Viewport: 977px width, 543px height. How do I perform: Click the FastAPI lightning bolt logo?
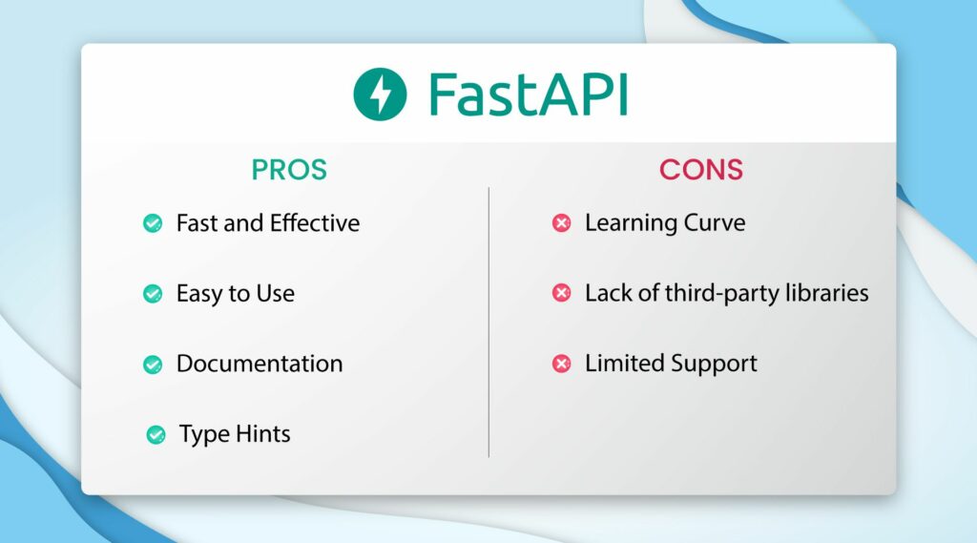(380, 94)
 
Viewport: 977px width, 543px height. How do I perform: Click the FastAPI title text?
(527, 94)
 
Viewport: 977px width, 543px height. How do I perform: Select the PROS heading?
(289, 170)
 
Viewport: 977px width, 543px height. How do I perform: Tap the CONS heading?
(700, 170)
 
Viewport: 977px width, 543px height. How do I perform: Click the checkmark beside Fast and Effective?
(153, 223)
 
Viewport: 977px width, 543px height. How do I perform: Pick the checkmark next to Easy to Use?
(153, 293)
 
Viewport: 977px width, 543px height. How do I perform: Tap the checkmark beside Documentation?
(153, 364)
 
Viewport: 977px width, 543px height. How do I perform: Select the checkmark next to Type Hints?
(156, 435)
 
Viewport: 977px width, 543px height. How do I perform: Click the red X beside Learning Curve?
(562, 223)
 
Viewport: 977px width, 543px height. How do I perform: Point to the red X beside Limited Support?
(562, 364)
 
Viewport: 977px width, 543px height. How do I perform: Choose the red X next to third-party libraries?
(562, 293)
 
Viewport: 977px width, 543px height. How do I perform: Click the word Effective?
(315, 223)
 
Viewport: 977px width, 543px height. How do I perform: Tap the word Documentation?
(260, 364)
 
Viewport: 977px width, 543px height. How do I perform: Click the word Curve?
(715, 223)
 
